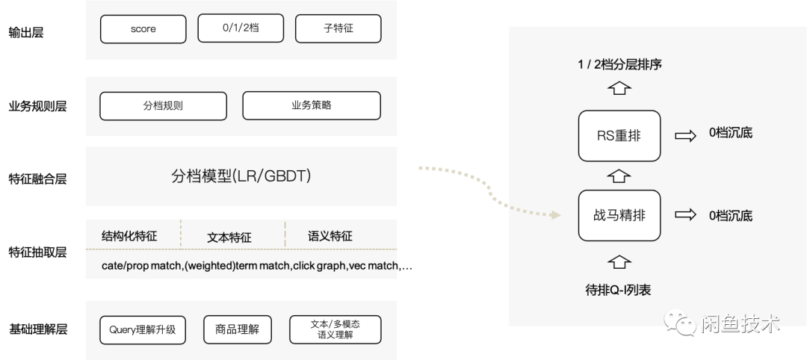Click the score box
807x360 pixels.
143,30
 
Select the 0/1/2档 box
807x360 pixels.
241,28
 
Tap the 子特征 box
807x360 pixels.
338,29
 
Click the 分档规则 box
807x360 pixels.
163,105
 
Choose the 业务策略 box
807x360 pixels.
312,105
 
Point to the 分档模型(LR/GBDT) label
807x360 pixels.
241,176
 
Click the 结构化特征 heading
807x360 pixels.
129,236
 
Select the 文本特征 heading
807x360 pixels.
229,238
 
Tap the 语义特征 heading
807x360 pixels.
330,236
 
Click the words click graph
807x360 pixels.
316,266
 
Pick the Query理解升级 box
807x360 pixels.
142,329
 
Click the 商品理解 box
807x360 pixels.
237,329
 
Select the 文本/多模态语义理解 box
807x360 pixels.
336,329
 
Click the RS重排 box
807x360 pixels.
619,136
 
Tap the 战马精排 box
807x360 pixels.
619,215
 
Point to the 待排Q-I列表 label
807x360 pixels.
618,290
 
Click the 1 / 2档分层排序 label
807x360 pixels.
619,64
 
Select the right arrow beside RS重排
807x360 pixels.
685,135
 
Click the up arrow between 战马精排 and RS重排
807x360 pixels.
619,176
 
